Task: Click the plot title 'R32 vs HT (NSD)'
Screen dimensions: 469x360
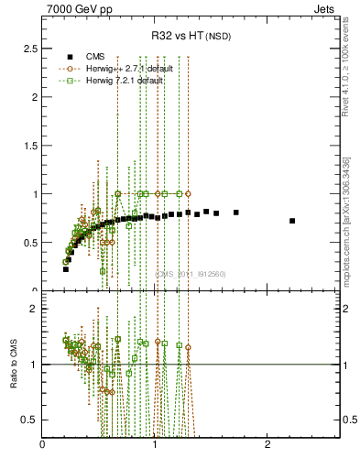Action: [x=191, y=37]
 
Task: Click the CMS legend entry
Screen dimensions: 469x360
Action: [x=93, y=56]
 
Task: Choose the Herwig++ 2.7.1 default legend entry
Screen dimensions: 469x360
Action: [x=122, y=68]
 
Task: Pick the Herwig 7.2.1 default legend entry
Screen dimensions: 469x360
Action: [x=119, y=80]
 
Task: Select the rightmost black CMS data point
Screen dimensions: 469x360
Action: [x=292, y=221]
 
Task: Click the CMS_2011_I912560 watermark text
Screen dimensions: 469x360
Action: [x=190, y=274]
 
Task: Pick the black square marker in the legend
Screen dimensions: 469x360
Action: [x=69, y=56]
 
